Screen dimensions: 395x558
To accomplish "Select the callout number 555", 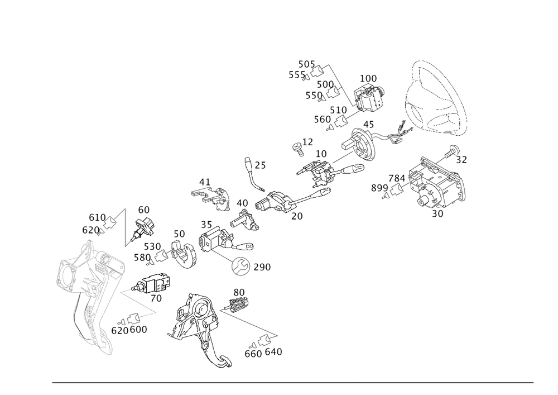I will pos(297,75).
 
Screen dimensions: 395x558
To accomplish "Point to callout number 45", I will pos(368,124).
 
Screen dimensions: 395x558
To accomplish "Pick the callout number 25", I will pos(259,166).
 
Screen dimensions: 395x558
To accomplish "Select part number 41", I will pos(204,182).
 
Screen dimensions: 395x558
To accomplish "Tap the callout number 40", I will pos(242,203).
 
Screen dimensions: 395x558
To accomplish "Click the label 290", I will pos(262,268).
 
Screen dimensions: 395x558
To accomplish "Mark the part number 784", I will pos(397,178).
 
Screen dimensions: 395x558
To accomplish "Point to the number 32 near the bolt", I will pos(461,160).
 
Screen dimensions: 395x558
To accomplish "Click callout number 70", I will pos(156,299).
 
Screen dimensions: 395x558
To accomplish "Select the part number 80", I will pos(239,292).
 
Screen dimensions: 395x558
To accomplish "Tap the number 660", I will pos(253,354).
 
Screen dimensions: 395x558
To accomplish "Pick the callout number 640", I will pos(273,353).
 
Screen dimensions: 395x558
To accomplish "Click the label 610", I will pos(97,217).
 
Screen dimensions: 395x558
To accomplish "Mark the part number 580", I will pos(142,257).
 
